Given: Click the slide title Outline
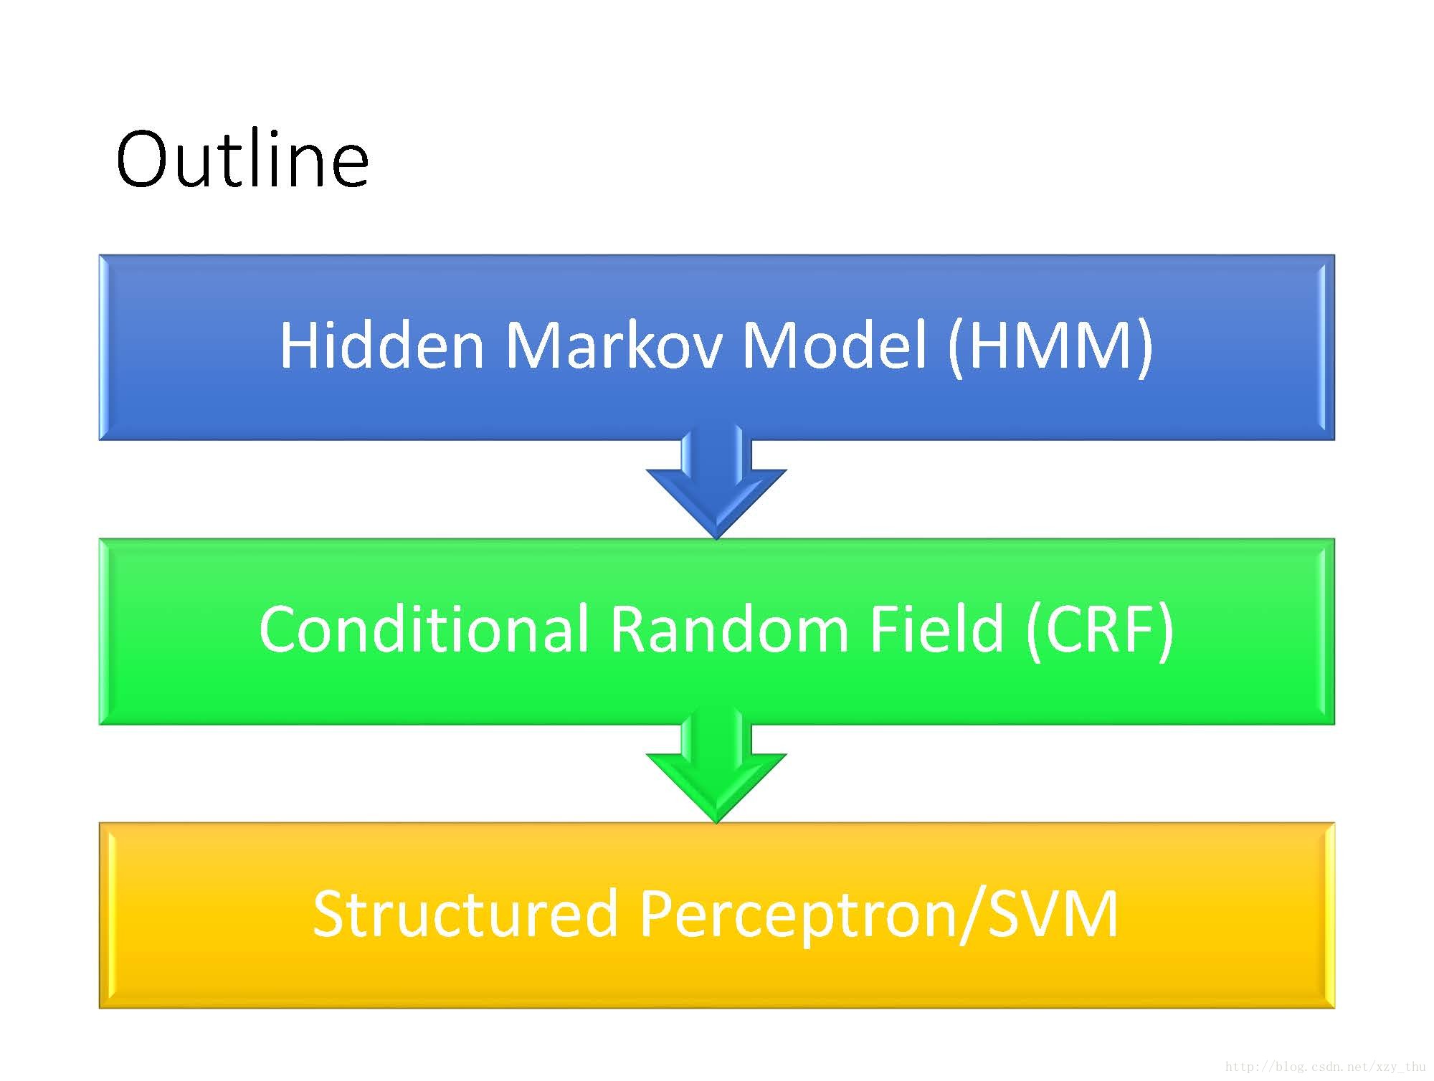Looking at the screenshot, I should [242, 159].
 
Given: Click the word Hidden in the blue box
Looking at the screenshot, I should [381, 346].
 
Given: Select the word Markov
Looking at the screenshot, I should [614, 346].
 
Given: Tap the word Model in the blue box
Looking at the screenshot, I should [835, 346].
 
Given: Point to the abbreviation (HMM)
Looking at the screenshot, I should [1050, 346].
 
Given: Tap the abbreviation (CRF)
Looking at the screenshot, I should [1099, 629].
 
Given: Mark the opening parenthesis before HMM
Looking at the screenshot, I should [955, 346].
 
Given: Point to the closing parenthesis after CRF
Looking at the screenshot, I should [1165, 629].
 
